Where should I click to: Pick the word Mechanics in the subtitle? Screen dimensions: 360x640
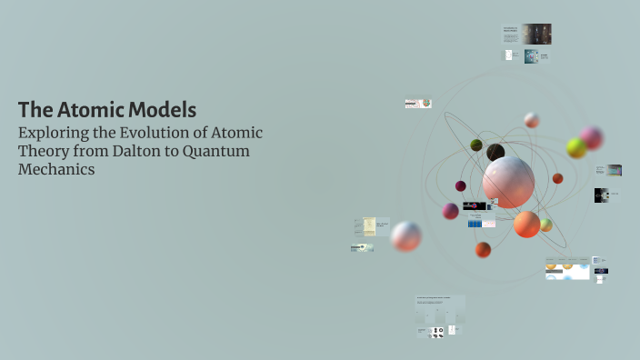[56, 169]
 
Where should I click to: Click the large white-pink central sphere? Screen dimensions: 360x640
[508, 181]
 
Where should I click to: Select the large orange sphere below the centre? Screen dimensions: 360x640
[527, 224]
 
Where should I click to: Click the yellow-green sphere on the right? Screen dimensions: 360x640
[576, 147]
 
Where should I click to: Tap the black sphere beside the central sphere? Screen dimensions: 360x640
[495, 152]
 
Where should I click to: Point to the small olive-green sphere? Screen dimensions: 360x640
[476, 145]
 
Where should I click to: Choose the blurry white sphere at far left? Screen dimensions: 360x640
[405, 236]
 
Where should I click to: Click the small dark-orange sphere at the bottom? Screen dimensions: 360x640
[483, 249]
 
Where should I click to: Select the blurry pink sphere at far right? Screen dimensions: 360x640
[593, 137]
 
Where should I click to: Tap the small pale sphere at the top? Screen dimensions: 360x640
[532, 120]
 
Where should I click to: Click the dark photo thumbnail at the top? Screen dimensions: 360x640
[536, 34]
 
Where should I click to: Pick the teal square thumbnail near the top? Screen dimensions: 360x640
[531, 56]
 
